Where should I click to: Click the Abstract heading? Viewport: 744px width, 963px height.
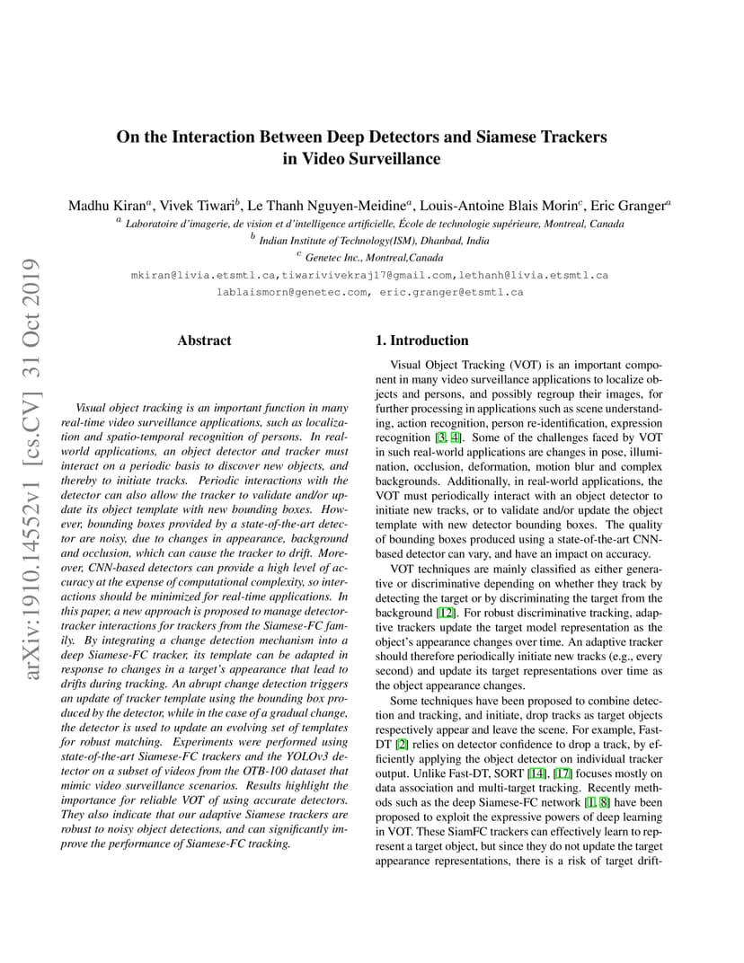tap(204, 340)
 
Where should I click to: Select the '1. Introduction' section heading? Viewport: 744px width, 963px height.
tap(421, 340)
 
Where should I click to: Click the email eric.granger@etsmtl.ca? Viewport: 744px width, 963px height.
tap(451, 292)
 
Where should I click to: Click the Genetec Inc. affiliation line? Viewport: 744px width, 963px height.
tap(369, 258)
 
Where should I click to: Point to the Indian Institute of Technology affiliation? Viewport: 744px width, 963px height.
tap(374, 241)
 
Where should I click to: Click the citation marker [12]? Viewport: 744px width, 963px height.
tap(446, 613)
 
